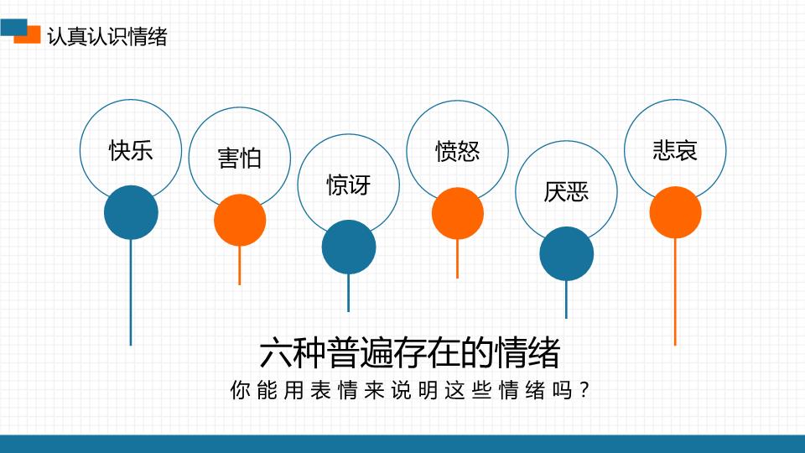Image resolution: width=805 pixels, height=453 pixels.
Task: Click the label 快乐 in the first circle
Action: (131, 151)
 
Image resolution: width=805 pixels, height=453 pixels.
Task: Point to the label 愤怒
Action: (457, 151)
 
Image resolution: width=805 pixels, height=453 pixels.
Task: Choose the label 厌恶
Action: (566, 192)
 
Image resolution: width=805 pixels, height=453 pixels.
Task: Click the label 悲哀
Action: (675, 150)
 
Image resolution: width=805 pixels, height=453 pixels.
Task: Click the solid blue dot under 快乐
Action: (131, 212)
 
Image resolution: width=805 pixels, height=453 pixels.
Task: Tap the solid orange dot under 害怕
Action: (240, 220)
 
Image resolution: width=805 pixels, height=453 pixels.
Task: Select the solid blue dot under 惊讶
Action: (349, 247)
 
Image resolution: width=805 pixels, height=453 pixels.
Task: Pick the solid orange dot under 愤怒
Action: (458, 213)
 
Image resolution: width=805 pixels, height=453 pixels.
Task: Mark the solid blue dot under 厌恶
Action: (566, 253)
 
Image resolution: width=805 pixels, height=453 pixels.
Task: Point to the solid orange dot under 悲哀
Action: (675, 211)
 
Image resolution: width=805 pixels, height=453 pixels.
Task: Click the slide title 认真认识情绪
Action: (107, 37)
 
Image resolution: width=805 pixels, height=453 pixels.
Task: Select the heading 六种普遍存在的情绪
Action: (409, 353)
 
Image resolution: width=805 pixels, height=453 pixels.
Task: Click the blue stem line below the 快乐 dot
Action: (131, 294)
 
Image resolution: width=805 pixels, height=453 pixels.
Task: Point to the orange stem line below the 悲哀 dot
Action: (675, 294)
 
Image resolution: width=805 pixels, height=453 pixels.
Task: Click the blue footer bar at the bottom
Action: (402, 444)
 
